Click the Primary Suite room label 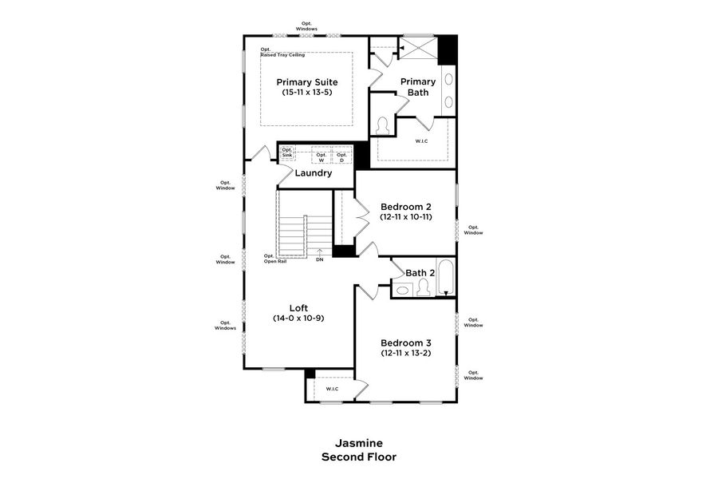click(306, 82)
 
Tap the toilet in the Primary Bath click(383, 127)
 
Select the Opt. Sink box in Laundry click(287, 152)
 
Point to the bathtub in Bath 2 click(444, 278)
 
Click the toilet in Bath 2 click(423, 289)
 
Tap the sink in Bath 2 click(402, 291)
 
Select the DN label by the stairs click(319, 259)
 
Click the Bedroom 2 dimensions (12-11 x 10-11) click(406, 217)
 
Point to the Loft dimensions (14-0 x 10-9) click(298, 318)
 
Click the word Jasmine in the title click(358, 443)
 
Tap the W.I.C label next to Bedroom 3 click(332, 389)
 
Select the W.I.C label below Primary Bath click(421, 141)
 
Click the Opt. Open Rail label click(275, 259)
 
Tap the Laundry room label click(313, 172)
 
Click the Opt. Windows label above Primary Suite click(306, 26)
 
